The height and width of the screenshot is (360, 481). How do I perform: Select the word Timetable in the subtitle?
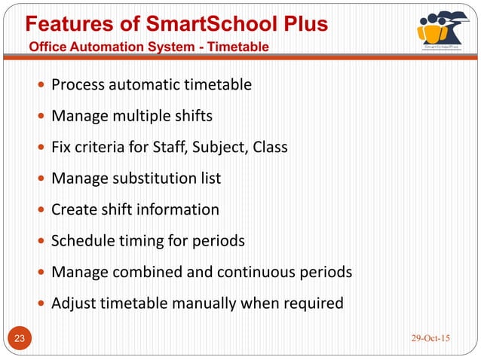pyautogui.click(x=240, y=47)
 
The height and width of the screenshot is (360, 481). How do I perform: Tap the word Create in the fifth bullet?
pyautogui.click(x=72, y=209)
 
